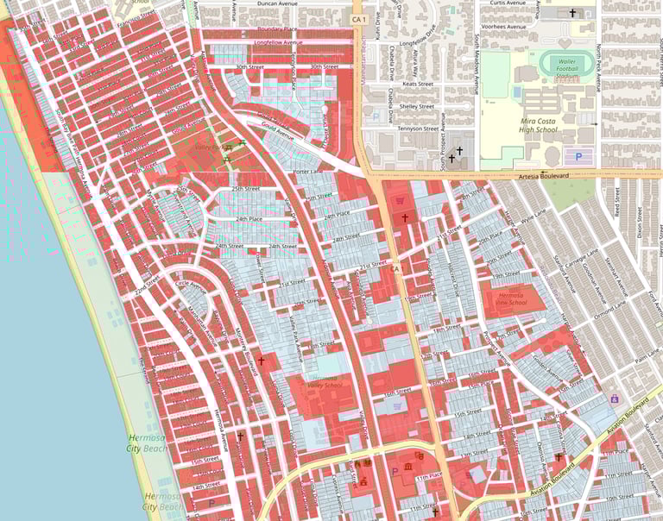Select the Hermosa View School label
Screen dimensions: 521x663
pos(512,298)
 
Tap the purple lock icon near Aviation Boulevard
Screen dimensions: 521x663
pos(615,399)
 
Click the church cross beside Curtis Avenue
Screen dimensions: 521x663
pos(571,14)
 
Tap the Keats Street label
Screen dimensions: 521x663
pos(416,85)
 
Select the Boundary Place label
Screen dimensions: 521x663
pos(278,28)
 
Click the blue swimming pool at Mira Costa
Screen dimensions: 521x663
pos(516,91)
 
